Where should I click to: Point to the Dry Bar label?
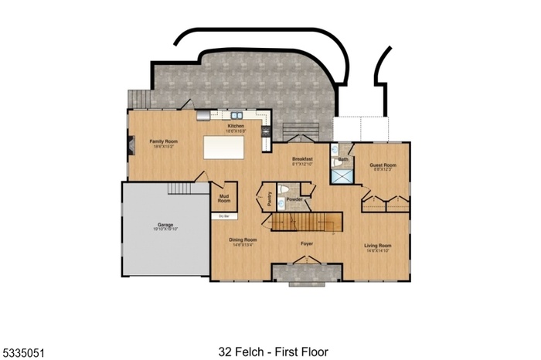pos(223,216)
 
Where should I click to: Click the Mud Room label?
pos(224,199)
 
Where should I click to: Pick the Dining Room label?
pos(243,241)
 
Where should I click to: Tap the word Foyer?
pos(306,243)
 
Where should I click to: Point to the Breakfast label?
pos(301,161)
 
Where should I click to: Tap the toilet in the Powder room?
pos(283,190)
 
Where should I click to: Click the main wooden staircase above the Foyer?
pos(305,222)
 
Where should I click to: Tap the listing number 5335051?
pos(25,352)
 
